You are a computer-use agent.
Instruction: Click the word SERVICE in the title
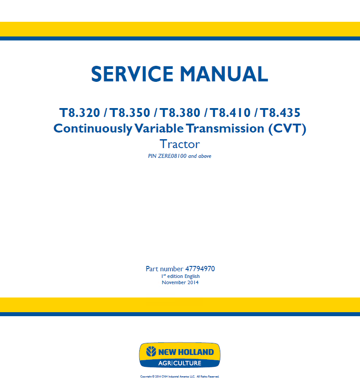132,74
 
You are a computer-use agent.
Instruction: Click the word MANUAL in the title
224,74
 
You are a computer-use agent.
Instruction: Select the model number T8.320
80,113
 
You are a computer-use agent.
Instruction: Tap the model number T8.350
130,113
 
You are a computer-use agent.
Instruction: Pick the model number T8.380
180,113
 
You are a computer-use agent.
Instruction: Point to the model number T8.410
231,113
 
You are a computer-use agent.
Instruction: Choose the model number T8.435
280,113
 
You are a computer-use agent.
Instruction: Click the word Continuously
93,129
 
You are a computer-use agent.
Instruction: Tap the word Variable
159,129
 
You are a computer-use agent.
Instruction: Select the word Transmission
225,129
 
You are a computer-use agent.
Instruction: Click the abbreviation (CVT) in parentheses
287,129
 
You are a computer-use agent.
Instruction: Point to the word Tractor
180,144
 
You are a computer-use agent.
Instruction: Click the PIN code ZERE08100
172,156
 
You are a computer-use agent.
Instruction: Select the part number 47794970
200,269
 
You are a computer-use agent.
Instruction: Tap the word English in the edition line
192,276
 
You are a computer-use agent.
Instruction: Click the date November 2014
180,282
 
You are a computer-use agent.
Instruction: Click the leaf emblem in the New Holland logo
151,351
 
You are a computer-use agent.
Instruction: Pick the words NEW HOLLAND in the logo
186,352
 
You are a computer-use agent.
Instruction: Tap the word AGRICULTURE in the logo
180,363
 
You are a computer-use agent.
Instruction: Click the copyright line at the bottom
180,377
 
